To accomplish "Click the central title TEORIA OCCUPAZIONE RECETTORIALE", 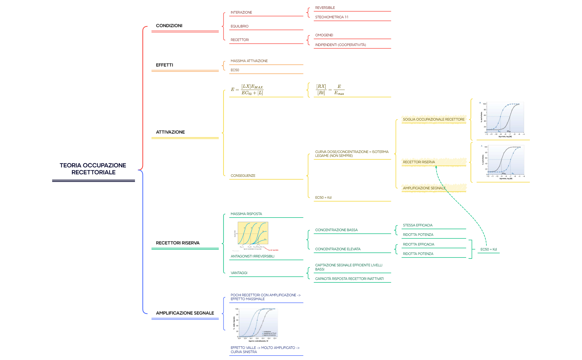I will pos(93,169).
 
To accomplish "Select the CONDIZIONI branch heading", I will pos(169,26).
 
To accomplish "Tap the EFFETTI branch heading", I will pos(164,65).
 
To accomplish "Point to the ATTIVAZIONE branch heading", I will pos(170,132).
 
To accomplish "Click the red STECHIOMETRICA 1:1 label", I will pos(331,17).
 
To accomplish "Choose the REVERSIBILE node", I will pos(325,8).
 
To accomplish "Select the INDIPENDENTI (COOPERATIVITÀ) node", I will pos(340,45).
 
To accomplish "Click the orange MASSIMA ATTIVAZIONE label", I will pos(249,61).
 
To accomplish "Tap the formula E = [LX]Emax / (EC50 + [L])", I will pos(247,90).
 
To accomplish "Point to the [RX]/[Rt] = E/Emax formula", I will pos(330,90).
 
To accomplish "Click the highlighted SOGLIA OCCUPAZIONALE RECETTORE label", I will pos(433,119).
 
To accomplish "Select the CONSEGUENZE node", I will pos(243,176).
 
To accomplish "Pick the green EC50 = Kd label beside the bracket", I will pos(488,249).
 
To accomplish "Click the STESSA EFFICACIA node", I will pos(417,225).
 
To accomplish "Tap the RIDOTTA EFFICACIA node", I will pos(418,244).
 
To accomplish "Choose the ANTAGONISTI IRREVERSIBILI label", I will pos(252,256).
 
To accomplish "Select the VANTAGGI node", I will pos(239,273).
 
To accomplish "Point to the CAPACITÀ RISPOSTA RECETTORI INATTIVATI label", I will pos(349,279).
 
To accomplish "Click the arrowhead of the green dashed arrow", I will pos(436,167).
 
